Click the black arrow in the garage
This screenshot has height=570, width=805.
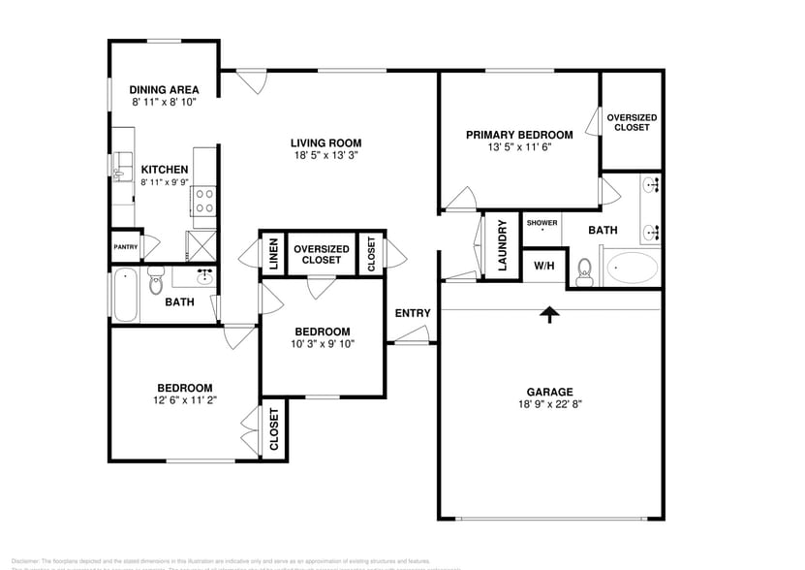pyautogui.click(x=549, y=313)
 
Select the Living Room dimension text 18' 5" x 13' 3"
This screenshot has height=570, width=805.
pyautogui.click(x=326, y=156)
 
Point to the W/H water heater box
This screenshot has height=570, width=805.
pyautogui.click(x=542, y=265)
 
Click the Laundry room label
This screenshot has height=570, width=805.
pyautogui.click(x=503, y=246)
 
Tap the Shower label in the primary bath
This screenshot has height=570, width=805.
pyautogui.click(x=542, y=223)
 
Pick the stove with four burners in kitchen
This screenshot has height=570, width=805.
pyautogui.click(x=204, y=201)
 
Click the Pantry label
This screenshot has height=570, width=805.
pyautogui.click(x=126, y=247)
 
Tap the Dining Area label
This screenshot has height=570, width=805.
pyautogui.click(x=165, y=89)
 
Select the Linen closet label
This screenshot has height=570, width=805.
pyautogui.click(x=273, y=253)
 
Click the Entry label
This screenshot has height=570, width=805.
pyautogui.click(x=413, y=312)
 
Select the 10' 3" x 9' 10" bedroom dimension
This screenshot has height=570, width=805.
pyautogui.click(x=324, y=343)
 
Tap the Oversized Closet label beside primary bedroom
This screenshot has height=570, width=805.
pyautogui.click(x=632, y=122)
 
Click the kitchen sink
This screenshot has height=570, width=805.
pyautogui.click(x=121, y=167)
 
